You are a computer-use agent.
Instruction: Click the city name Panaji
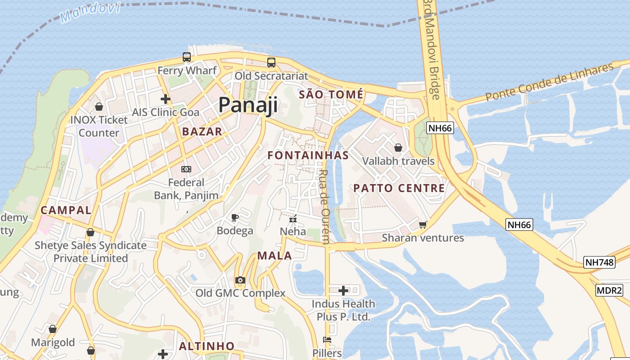(x=248, y=105)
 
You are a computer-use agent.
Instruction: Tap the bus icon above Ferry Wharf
(x=187, y=57)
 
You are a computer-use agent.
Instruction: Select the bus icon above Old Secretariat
(x=271, y=63)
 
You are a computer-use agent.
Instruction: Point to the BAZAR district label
(x=202, y=131)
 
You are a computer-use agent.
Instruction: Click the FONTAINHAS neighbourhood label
(x=308, y=155)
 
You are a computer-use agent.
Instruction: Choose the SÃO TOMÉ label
(x=331, y=94)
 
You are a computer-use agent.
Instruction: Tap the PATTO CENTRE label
(x=399, y=188)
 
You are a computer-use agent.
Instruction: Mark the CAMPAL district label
(x=66, y=210)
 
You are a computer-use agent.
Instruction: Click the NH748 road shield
(x=599, y=262)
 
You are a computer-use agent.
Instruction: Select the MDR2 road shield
(x=609, y=290)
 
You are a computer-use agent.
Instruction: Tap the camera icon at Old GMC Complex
(x=240, y=280)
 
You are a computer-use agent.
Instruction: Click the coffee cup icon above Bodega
(x=234, y=218)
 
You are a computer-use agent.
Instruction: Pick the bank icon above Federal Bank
(x=186, y=169)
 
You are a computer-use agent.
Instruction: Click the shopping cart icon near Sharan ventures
(x=423, y=225)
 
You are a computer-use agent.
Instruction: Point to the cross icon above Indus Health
(x=343, y=290)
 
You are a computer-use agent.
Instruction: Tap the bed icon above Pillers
(x=327, y=340)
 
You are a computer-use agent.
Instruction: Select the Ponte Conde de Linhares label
(x=549, y=82)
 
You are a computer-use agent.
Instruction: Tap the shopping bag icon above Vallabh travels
(x=398, y=148)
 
